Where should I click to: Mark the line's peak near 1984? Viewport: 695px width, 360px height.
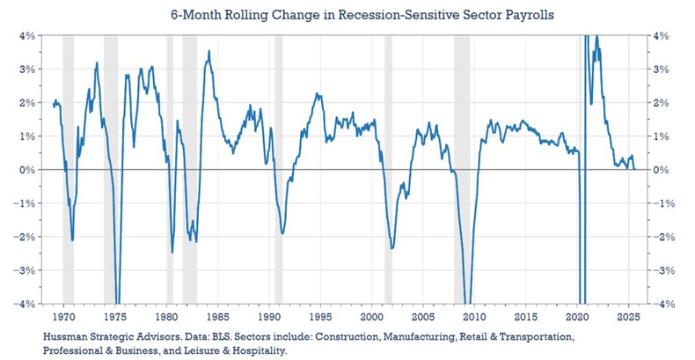(x=208, y=51)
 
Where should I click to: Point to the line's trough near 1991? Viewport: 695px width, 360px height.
(x=282, y=233)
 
